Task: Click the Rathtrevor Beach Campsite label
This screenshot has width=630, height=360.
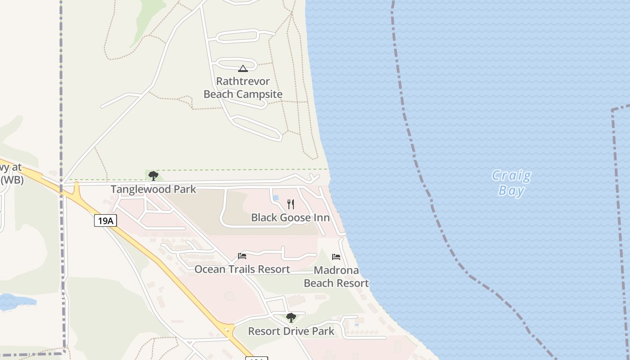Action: coord(243,88)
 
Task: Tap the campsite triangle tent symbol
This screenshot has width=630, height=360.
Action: coord(243,69)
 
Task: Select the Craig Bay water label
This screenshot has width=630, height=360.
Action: coord(512,183)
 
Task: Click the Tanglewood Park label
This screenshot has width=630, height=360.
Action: coord(153,189)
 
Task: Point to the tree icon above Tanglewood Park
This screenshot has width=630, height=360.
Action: coord(153,175)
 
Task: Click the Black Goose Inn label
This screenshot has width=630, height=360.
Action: coord(290,218)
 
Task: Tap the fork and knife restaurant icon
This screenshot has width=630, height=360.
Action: coord(291,204)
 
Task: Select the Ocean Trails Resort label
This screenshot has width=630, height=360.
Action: coord(242,269)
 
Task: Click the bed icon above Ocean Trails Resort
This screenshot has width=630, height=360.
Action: coord(242,256)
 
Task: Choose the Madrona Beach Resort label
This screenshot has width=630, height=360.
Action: coord(336,277)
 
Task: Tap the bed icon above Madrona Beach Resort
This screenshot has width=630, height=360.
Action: coord(336,257)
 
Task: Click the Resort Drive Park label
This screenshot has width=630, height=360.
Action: coord(291,332)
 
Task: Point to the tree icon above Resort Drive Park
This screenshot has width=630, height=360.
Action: coord(291,318)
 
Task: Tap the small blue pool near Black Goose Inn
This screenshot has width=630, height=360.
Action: coord(276,198)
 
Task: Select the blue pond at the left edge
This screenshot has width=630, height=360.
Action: coord(13,301)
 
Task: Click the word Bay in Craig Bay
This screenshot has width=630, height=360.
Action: coord(512,191)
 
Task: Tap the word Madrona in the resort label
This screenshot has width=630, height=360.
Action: coord(336,270)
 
